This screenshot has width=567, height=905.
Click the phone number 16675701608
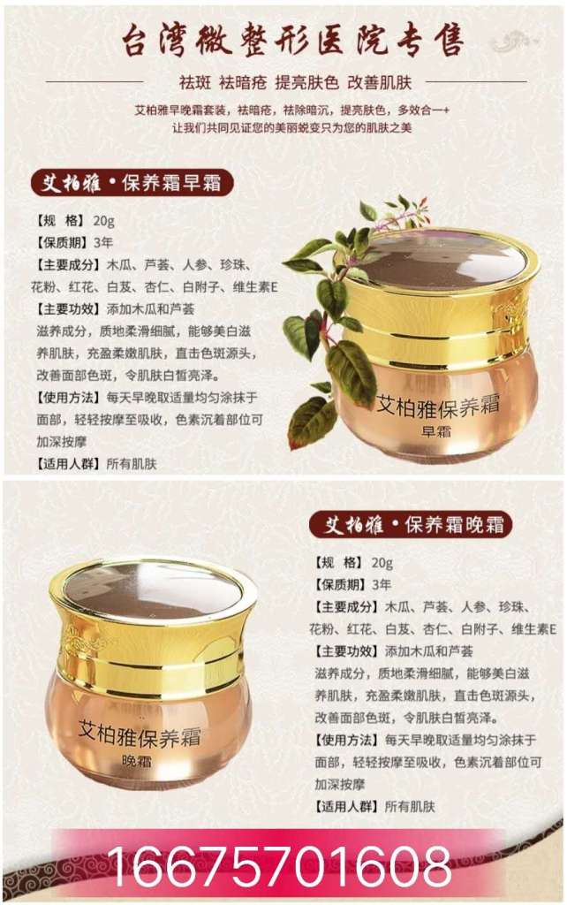279,864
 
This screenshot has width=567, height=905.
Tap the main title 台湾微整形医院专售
292,42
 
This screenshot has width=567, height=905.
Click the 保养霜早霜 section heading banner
132,184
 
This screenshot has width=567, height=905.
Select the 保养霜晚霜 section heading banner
410,525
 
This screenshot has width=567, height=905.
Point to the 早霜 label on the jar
436,430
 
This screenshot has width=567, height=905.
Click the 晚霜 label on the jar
136,761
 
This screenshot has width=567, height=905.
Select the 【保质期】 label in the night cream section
340,585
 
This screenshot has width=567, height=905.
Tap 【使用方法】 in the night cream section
347,740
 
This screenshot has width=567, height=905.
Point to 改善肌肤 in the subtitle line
379,82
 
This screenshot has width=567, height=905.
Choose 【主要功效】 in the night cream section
347,651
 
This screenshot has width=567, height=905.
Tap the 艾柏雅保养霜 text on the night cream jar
140,734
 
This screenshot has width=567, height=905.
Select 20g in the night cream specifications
382,563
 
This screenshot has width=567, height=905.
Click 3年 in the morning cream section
103,242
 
